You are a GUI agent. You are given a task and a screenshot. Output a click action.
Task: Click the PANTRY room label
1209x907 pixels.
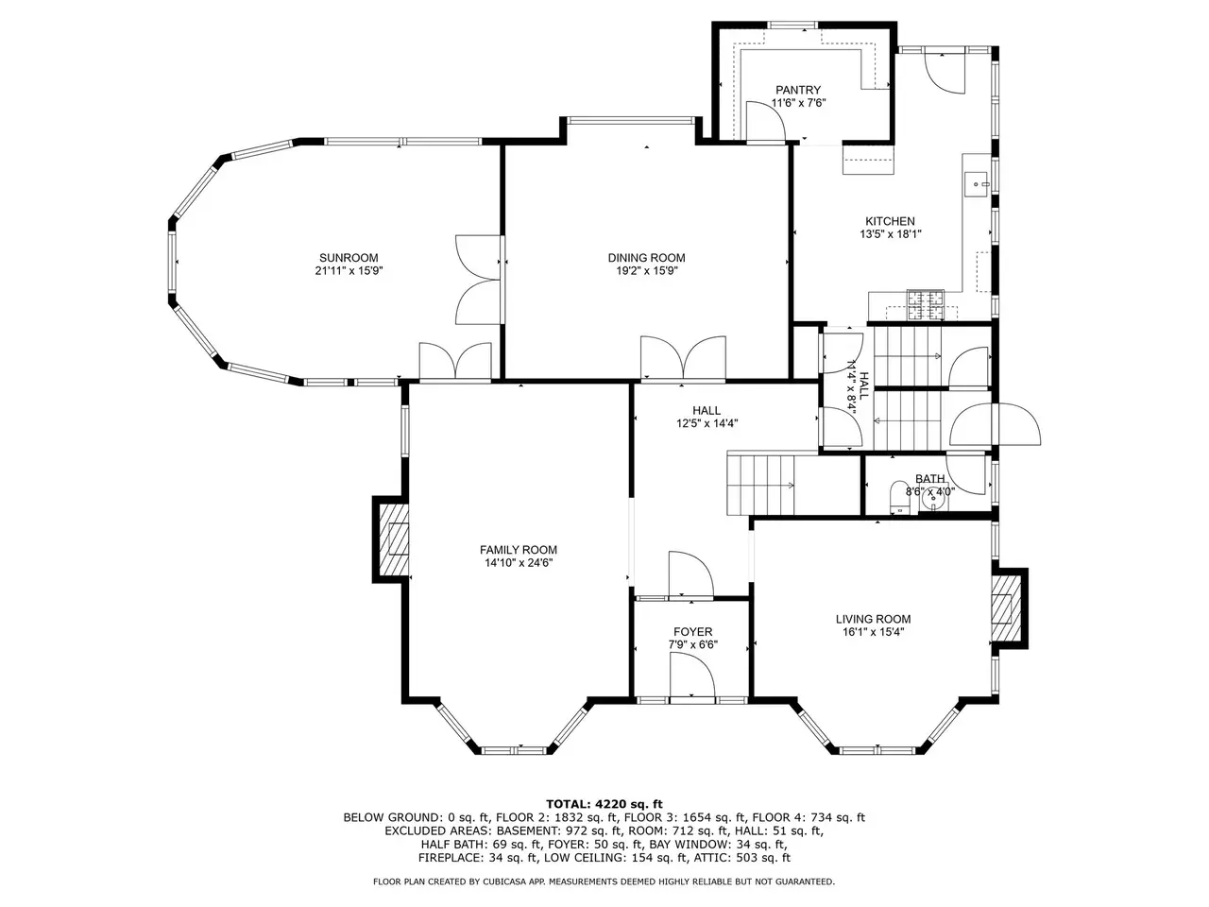pyautogui.click(x=797, y=90)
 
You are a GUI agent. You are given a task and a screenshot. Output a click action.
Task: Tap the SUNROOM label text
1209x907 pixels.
pyautogui.click(x=349, y=258)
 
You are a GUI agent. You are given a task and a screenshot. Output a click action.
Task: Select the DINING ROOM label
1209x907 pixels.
pyautogui.click(x=646, y=258)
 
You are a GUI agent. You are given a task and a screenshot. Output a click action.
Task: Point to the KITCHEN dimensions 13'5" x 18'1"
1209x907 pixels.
pyautogui.click(x=890, y=234)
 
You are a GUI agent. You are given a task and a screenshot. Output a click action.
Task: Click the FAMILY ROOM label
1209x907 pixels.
pyautogui.click(x=518, y=550)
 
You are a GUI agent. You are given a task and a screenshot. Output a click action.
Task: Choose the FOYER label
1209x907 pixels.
pyautogui.click(x=692, y=632)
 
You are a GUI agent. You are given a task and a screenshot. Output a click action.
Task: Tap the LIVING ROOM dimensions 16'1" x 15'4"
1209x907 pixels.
pyautogui.click(x=873, y=632)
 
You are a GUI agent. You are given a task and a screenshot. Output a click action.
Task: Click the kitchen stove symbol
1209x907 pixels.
pyautogui.click(x=925, y=304)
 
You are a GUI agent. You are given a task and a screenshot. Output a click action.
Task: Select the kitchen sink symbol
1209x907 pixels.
pyautogui.click(x=977, y=184)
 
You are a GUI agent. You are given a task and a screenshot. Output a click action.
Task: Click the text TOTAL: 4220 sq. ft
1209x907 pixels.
pyautogui.click(x=604, y=804)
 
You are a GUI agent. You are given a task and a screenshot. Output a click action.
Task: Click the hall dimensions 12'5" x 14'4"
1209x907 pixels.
pyautogui.click(x=707, y=423)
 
